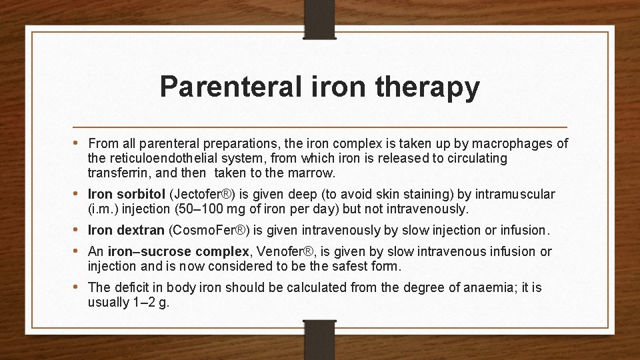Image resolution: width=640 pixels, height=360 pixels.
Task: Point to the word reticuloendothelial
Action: pyautogui.click(x=163, y=159)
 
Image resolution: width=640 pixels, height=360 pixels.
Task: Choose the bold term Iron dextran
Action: pyautogui.click(x=127, y=231)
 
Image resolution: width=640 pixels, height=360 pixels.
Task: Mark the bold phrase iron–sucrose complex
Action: pyautogui.click(x=178, y=251)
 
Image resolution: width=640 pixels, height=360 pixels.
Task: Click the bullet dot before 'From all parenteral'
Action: pyautogui.click(x=80, y=143)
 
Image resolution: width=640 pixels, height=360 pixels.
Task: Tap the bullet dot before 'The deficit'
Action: pyautogui.click(x=80, y=287)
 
